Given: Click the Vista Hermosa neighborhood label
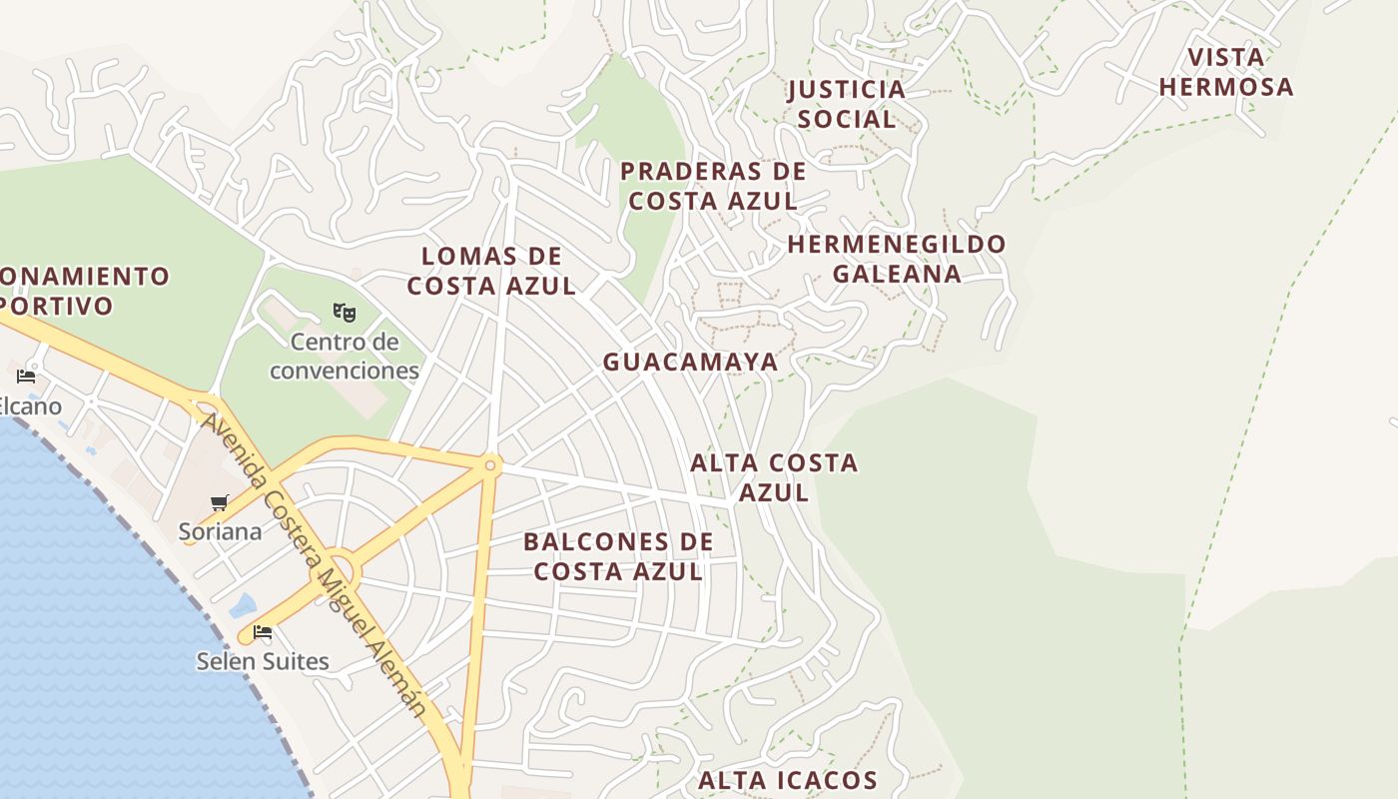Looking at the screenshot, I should point(1226,72).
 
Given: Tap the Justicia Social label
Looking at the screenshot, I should point(846,104).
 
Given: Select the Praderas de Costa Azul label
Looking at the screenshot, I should point(713,186).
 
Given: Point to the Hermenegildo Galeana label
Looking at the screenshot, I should point(897,259).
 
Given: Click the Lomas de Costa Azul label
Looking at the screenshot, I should point(491,271).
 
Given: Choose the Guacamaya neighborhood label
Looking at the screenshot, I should point(690,363).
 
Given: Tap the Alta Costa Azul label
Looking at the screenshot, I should point(774,477).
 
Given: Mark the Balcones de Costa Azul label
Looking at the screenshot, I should point(618,556).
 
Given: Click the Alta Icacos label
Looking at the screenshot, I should point(787,780).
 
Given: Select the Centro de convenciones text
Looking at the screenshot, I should point(345,357).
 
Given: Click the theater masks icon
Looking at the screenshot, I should point(345,313).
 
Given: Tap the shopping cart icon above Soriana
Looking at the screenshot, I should point(220,502).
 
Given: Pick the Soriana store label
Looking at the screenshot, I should point(221,531).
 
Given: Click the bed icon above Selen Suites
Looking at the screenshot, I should point(263,632).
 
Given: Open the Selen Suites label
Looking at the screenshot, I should point(263,661).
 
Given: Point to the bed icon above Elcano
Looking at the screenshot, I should point(27,377).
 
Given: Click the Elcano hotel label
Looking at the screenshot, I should point(30,406).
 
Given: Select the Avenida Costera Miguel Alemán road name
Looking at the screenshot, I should point(315,564).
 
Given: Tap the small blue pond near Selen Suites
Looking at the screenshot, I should point(243,605).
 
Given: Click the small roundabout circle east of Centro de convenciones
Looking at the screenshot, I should point(490,464).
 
